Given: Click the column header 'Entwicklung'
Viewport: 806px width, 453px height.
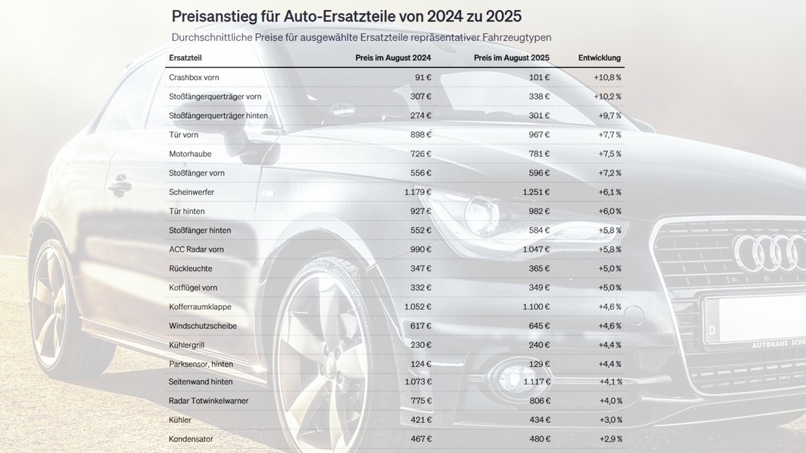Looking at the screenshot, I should pyautogui.click(x=599, y=58).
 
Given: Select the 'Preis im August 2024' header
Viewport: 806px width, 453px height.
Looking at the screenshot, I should pyautogui.click(x=393, y=58).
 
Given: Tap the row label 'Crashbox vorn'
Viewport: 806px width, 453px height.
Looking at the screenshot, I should pyautogui.click(x=194, y=77).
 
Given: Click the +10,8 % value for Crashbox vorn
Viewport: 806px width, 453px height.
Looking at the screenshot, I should pyautogui.click(x=607, y=77).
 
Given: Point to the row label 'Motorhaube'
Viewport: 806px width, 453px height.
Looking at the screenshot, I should pyautogui.click(x=190, y=154).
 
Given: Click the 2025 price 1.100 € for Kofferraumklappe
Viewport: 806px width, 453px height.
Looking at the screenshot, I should pyautogui.click(x=536, y=307).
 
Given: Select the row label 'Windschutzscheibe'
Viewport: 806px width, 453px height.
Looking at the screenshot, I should pyautogui.click(x=203, y=325).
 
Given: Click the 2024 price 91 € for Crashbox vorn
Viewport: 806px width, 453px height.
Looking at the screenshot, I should pyautogui.click(x=423, y=77).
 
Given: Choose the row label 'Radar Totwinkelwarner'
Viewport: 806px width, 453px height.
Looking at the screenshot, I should pyautogui.click(x=209, y=401).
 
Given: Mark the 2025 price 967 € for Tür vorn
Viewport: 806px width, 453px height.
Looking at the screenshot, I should pyautogui.click(x=539, y=135).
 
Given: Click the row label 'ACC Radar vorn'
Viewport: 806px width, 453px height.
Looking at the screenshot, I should pyautogui.click(x=197, y=249).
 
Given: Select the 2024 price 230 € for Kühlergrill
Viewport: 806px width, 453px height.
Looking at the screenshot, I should pyautogui.click(x=420, y=344).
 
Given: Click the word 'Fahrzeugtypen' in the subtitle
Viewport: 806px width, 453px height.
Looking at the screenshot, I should pyautogui.click(x=522, y=37).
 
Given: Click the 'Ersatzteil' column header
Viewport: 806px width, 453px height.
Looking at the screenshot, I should pyautogui.click(x=185, y=58).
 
